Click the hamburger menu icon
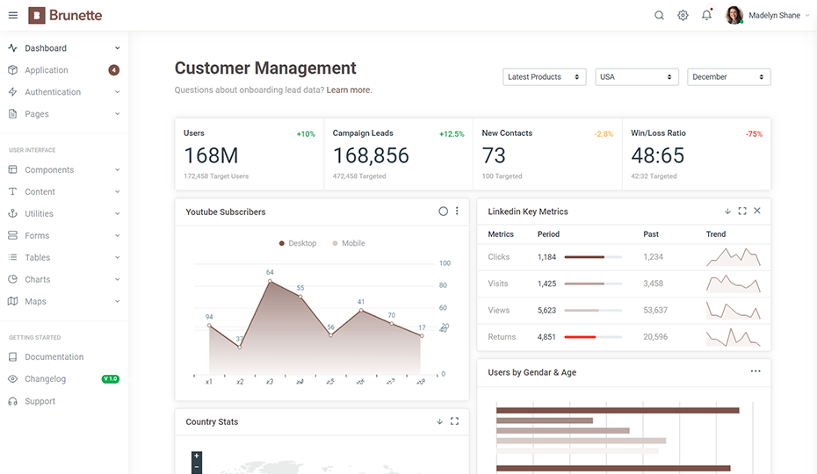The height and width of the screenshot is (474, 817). point(13,16)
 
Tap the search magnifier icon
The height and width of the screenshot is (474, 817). point(659,16)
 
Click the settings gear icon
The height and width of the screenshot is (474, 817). point(683,16)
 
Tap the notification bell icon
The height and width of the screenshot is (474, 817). point(706,15)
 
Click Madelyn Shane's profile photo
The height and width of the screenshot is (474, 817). point(734,15)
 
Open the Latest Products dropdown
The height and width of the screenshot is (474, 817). point(544,77)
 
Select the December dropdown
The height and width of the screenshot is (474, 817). point(728,77)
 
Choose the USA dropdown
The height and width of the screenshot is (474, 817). point(636,77)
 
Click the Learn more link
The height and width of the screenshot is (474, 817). point(349,90)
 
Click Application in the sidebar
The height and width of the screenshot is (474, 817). point(47,70)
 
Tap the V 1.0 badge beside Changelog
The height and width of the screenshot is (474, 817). point(111,378)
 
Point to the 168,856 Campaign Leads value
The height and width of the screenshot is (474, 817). point(371,155)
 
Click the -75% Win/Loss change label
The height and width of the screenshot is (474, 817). point(754,134)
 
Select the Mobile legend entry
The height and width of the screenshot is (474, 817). point(349,243)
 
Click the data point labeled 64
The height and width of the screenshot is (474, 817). point(270,281)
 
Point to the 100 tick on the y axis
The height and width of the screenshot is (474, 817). point(445,263)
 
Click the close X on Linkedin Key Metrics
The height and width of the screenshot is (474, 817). point(757,211)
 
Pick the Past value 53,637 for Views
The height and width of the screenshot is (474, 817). point(655,311)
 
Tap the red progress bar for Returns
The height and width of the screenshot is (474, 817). point(580,337)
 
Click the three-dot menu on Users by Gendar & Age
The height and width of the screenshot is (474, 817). point(756,371)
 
